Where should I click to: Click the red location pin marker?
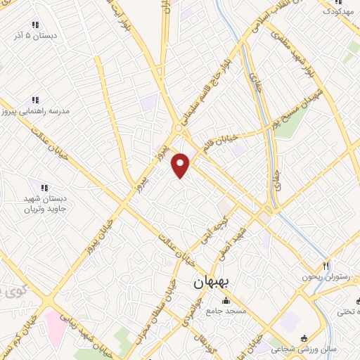[x=181, y=165]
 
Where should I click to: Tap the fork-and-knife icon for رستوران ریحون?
[x=326, y=266]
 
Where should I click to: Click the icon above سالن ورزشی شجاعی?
[x=303, y=338]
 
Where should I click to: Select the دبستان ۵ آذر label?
[x=36, y=35]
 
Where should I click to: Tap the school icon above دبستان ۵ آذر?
[x=36, y=25]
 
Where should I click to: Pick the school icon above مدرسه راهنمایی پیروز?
[x=36, y=101]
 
